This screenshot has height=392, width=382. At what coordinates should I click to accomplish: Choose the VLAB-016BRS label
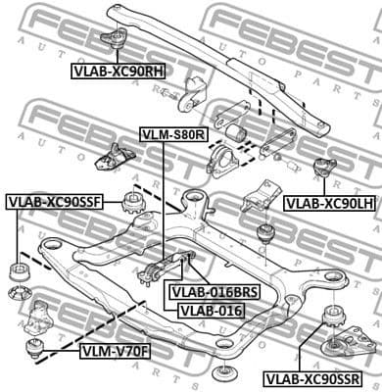tap(212, 291)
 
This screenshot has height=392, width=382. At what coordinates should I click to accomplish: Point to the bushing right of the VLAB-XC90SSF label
tap(131, 207)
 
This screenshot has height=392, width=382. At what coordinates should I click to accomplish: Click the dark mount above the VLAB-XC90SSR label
tap(333, 319)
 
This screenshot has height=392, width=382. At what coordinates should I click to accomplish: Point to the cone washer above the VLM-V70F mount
tap(19, 294)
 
